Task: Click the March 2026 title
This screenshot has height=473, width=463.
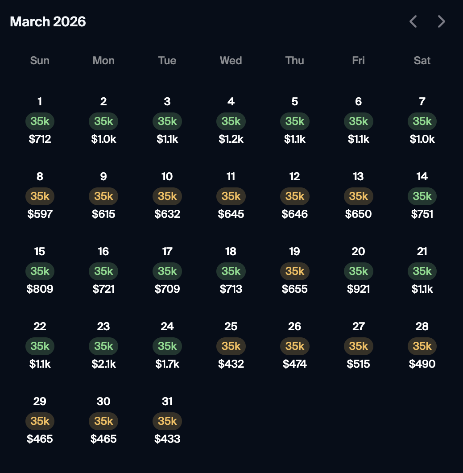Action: pos(48,21)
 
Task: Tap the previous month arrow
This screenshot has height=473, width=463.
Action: pos(413,21)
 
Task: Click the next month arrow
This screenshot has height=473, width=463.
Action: pos(441,21)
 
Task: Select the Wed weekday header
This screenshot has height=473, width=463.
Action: pos(231,61)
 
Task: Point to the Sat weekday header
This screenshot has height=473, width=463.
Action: pos(422,61)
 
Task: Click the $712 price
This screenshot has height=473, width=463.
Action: pos(40,139)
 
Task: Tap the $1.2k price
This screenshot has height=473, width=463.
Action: pos(231,139)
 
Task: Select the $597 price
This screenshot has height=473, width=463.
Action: pos(40,214)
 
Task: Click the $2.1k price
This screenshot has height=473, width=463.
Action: pos(103,364)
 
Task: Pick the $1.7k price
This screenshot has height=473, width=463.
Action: pos(167,364)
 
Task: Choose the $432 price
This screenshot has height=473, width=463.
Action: pos(231,364)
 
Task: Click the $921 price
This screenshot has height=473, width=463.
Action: pos(358,289)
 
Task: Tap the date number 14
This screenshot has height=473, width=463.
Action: pos(422,177)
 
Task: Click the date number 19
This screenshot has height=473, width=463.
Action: pos(294,252)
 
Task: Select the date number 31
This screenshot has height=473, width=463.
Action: pos(167,402)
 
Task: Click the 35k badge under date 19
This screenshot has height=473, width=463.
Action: pos(294,271)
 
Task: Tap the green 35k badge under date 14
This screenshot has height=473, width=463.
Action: pos(422,196)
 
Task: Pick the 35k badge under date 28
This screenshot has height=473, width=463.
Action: pos(422,346)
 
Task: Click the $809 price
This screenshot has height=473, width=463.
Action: pos(40,289)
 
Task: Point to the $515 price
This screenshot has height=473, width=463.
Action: pos(358,364)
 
